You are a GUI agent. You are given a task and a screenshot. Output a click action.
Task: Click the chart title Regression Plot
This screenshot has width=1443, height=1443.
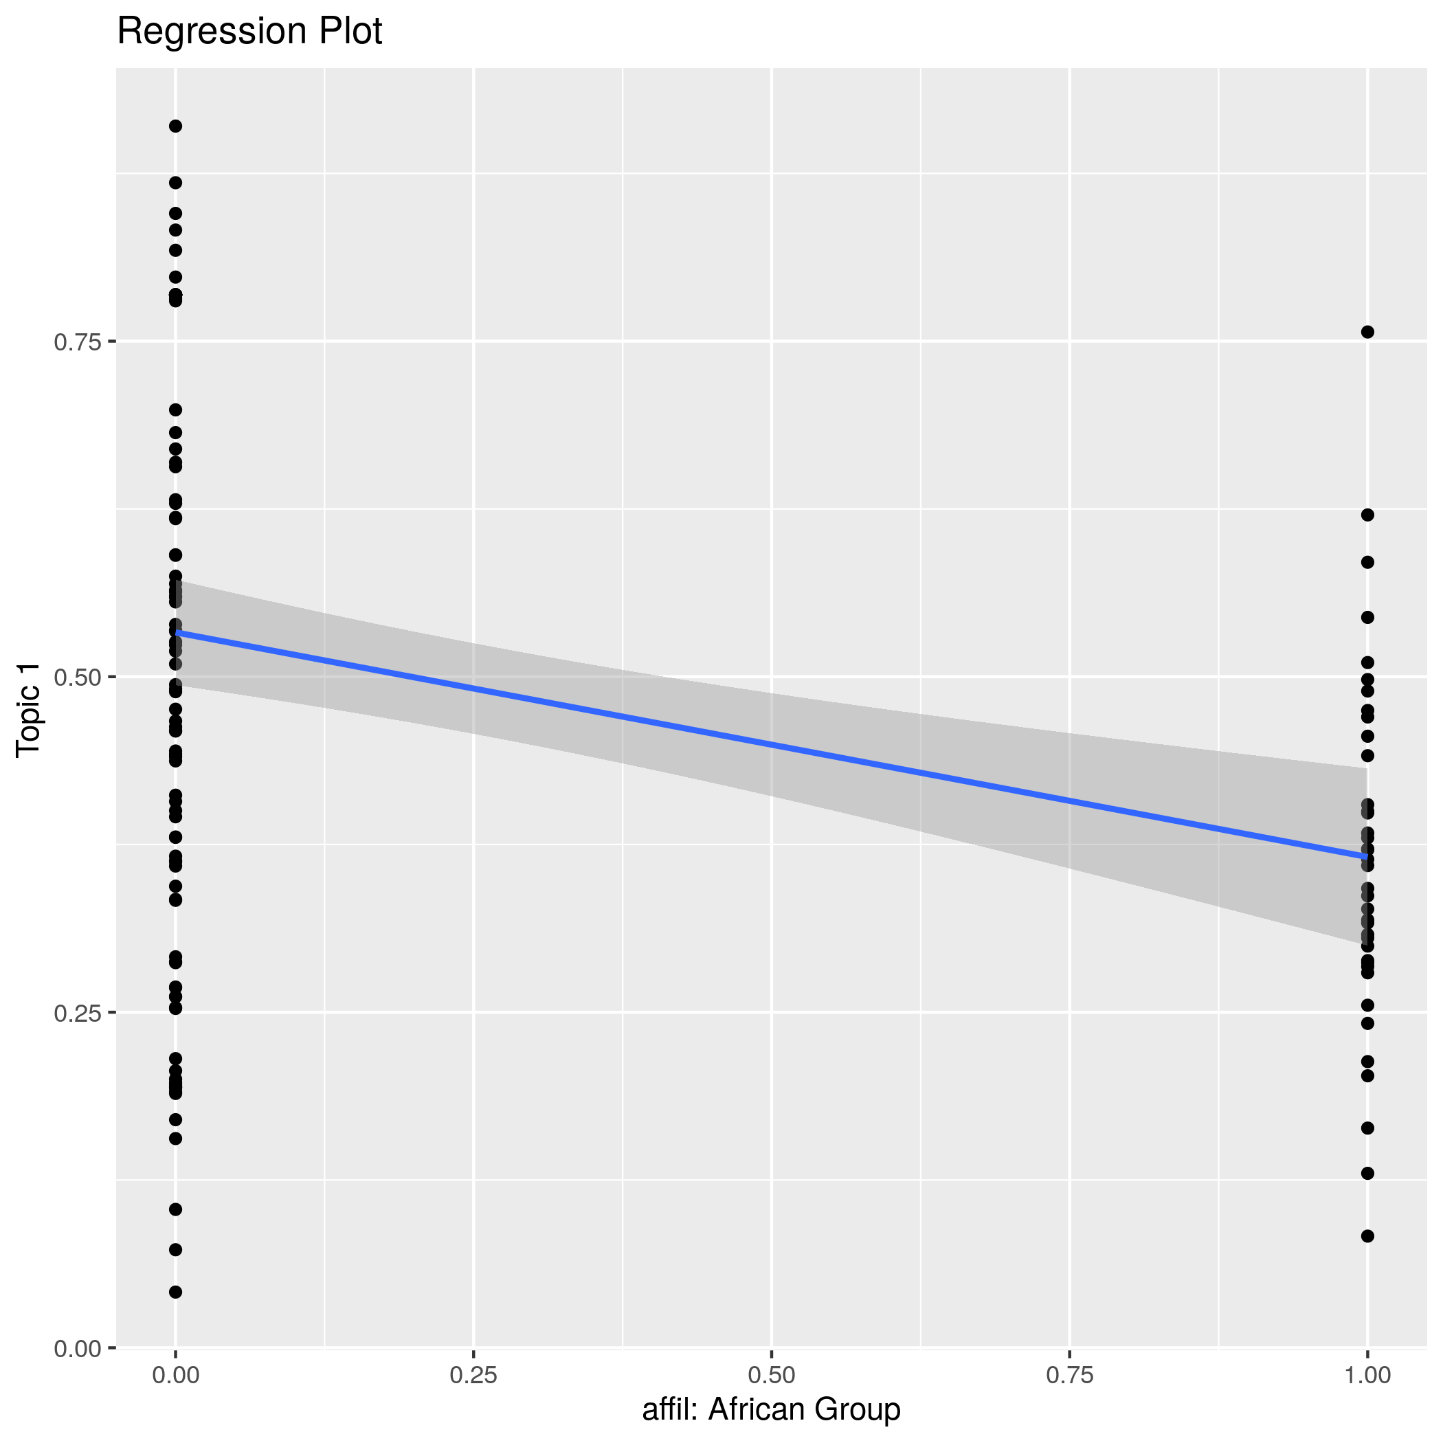249,32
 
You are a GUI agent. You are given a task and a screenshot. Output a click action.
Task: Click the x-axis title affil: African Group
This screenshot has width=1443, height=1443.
772,1409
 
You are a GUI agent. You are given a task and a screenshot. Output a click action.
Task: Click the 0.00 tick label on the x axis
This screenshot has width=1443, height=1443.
175,1375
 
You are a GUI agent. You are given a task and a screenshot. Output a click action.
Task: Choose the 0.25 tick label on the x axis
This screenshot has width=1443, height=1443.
473,1375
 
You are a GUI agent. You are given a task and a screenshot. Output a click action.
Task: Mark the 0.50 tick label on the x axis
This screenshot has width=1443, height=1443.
772,1375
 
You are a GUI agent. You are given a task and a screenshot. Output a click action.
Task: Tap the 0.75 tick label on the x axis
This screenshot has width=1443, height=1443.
1070,1375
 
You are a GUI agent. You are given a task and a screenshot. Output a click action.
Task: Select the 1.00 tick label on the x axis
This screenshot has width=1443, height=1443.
1367,1375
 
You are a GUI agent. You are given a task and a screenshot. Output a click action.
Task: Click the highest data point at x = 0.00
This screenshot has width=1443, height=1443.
175,126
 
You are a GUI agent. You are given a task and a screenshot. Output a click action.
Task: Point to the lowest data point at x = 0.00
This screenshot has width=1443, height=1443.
175,1292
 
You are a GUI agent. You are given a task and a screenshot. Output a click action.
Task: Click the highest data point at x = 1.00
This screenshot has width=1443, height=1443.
1367,333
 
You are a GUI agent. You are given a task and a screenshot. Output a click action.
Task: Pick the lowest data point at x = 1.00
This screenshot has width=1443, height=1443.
1367,1236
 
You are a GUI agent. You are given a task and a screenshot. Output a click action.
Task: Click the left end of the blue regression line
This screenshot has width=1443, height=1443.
177,634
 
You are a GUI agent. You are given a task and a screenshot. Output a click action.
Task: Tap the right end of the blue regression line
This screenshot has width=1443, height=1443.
1367,857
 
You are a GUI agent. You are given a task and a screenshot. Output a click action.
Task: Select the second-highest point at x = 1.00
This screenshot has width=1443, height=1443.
1367,515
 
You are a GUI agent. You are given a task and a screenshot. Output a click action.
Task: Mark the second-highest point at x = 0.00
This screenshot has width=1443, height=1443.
175,183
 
